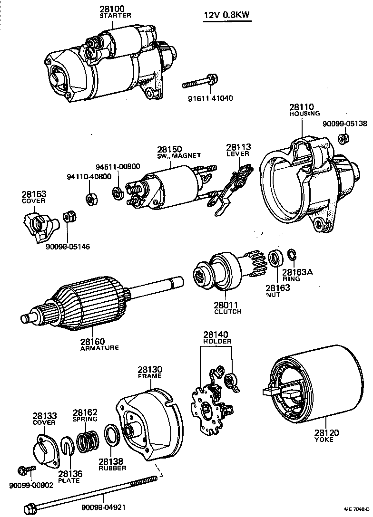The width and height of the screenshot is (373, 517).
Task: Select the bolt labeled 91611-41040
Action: (x=200, y=83)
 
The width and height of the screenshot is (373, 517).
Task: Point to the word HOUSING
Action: (x=304, y=114)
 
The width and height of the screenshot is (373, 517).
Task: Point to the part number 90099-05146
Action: (x=68, y=247)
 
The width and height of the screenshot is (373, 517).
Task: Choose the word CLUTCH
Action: (x=228, y=312)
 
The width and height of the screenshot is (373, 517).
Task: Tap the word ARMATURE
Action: (x=99, y=347)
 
